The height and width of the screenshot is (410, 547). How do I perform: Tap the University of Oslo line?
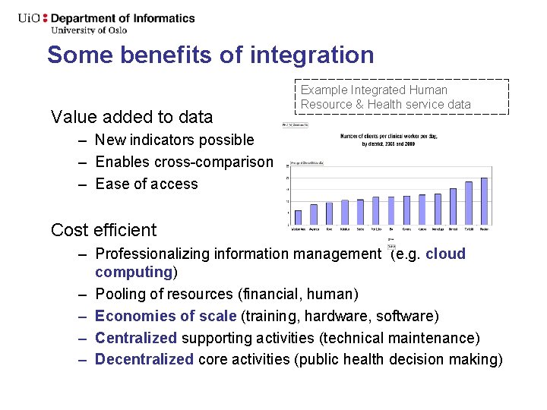click(89, 30)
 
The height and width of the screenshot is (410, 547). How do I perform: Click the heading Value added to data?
click(131, 117)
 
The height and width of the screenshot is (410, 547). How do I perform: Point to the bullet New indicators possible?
click(175, 140)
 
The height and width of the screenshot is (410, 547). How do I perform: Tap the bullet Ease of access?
click(146, 184)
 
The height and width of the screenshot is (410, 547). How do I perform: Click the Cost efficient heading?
click(103, 230)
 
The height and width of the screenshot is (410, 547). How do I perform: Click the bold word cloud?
click(445, 254)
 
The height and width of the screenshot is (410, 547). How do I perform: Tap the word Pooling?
click(119, 294)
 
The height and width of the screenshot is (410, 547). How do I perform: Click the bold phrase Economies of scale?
click(166, 316)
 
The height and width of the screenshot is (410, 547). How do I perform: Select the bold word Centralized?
click(135, 338)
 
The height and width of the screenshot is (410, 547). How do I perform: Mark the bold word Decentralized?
click(144, 359)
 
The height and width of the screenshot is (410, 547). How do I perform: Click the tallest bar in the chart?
click(484, 201)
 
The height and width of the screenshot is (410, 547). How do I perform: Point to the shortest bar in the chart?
click(298, 216)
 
